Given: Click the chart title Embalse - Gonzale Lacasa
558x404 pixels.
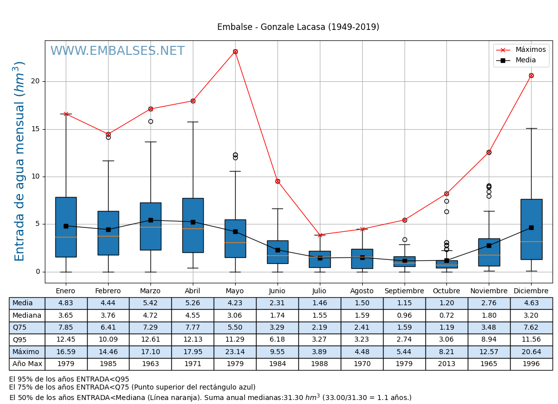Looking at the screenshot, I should pos(298,27).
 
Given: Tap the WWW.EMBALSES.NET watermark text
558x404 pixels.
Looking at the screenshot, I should pos(117,51).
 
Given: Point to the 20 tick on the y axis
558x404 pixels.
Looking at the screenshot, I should pos(36,81).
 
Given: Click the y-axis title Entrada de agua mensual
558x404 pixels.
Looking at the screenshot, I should pos(20,161).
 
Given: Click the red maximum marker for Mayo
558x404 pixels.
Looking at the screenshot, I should pos(235,51).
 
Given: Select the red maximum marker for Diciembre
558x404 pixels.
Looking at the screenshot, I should pos(531,75).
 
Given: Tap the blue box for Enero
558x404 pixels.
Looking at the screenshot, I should pos(66,227).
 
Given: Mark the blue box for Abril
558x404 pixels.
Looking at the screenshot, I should pos(193,225).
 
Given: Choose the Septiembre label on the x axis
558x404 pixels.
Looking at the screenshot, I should pos(404,291).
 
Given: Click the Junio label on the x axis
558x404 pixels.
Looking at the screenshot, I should pos(277,291).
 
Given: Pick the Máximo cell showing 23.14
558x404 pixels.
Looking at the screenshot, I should pos(235,352).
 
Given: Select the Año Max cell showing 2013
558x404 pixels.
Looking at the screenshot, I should pos(446,364).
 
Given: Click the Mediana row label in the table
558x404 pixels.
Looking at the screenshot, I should pos(27,315).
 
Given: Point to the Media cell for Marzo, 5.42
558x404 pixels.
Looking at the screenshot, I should pos(150,303).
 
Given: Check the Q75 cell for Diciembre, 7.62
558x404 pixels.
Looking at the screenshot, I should pos(531,328).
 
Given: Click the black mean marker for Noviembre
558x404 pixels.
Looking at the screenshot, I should pos(489,245).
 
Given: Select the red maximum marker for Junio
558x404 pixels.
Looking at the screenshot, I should pos(278,181).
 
